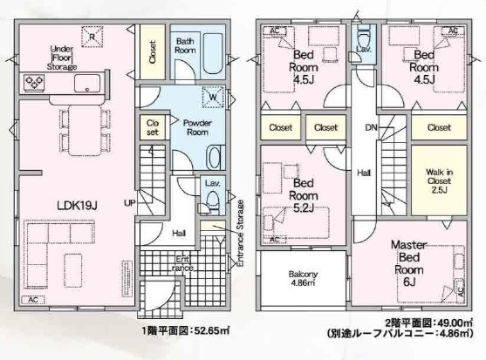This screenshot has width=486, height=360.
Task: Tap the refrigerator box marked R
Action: click(91, 36)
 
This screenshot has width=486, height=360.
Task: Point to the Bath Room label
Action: click(186, 46)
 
